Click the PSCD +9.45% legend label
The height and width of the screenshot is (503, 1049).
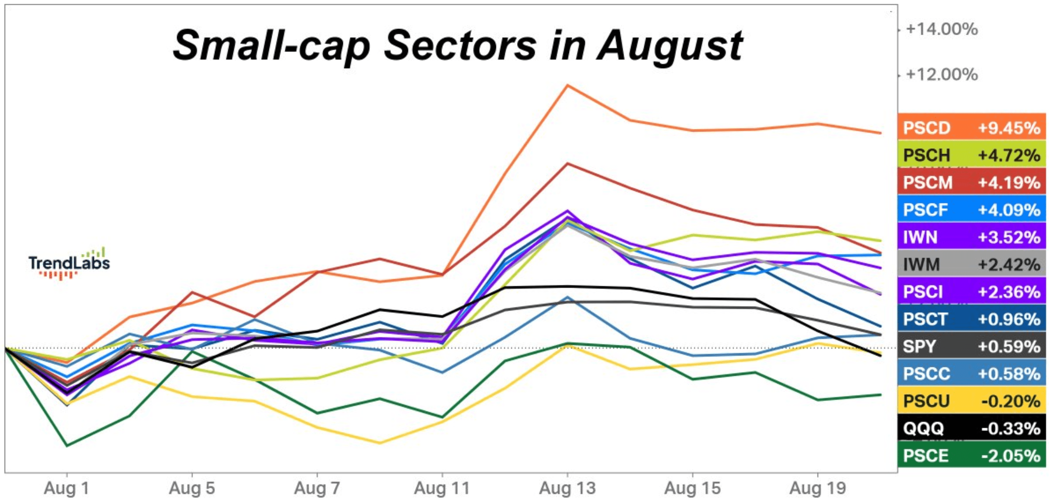[x=971, y=128]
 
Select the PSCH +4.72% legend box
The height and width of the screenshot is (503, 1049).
[x=971, y=155]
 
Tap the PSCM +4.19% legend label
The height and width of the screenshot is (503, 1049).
[x=971, y=182]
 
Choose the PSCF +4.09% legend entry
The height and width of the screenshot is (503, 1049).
[x=971, y=210]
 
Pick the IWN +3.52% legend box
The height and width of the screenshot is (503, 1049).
[x=971, y=237]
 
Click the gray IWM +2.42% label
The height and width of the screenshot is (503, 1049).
[x=971, y=264]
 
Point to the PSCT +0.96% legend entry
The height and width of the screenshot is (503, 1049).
[x=971, y=319]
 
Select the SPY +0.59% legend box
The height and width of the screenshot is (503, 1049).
[x=971, y=346]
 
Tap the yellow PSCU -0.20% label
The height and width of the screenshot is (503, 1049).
[x=971, y=401]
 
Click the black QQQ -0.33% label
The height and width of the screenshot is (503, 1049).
[x=971, y=428]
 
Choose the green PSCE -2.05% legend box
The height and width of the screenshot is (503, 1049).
[x=971, y=455]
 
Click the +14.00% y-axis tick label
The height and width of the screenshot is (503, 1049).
[x=941, y=29]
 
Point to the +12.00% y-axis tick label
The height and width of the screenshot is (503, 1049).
[x=941, y=74]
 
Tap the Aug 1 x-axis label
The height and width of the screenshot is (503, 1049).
[x=67, y=488]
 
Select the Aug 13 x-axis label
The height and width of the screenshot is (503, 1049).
[x=567, y=488]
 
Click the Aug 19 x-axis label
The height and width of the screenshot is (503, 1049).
[x=818, y=488]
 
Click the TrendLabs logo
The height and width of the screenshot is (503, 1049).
[x=69, y=263]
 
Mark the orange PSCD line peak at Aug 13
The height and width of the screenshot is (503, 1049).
[x=567, y=85]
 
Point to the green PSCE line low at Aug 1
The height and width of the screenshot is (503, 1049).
[x=67, y=445]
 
